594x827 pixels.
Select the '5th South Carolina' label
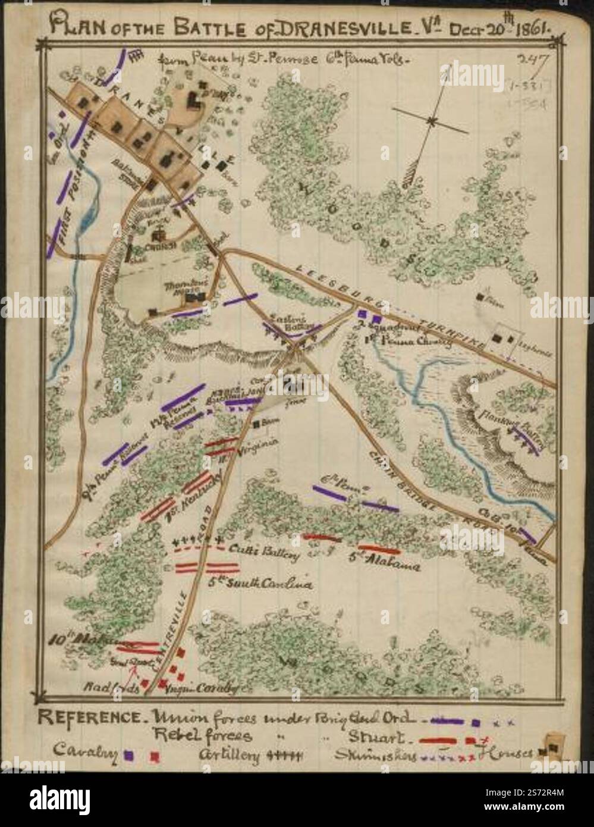click(260, 584)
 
